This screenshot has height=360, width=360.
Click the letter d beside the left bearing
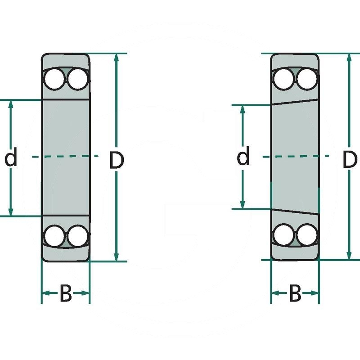coord(11,158)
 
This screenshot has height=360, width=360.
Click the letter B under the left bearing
coord(66,295)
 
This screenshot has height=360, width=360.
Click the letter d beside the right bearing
coord(243,157)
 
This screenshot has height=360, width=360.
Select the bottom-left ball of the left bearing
coord(54,236)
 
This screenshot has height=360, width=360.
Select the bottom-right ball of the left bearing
coord(77,236)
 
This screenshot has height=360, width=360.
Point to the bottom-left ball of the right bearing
coord(283,234)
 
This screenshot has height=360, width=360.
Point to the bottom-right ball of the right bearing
coord(307,234)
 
